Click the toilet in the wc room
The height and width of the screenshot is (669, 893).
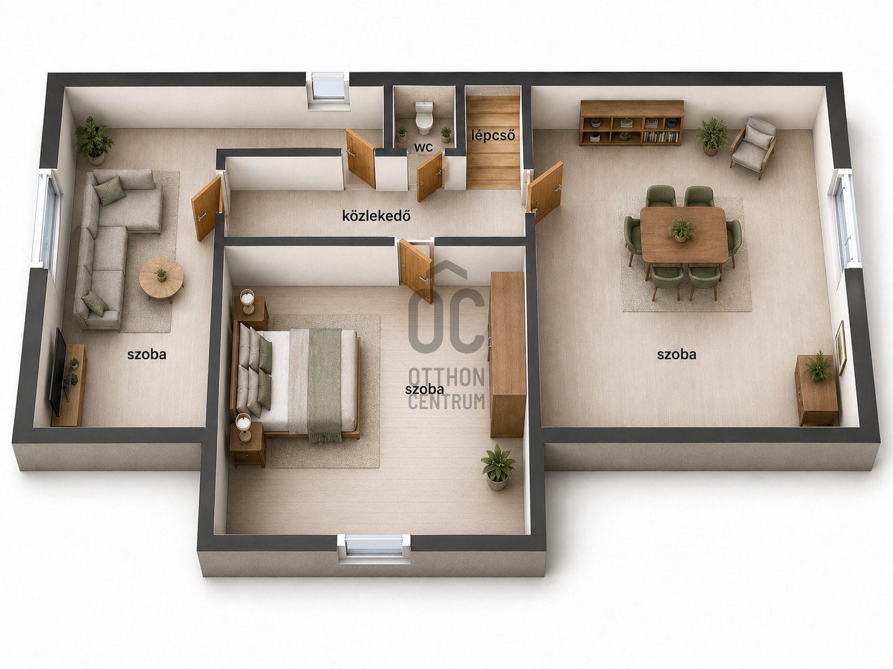(424, 117)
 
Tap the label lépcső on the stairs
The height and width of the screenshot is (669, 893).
(493, 135)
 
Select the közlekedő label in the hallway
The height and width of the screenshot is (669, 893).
(376, 216)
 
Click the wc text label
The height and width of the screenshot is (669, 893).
(424, 147)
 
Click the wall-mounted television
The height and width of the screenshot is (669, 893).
(57, 371)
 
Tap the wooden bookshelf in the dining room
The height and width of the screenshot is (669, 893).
(632, 123)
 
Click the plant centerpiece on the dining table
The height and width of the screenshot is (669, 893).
(680, 230)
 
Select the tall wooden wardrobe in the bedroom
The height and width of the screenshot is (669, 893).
(507, 355)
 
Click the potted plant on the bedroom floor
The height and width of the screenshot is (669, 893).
(498, 467)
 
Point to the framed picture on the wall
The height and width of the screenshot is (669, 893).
(840, 347)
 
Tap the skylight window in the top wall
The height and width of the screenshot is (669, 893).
(328, 86)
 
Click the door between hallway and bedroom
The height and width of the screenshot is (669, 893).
(416, 270)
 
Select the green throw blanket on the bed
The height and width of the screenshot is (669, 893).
(324, 384)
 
